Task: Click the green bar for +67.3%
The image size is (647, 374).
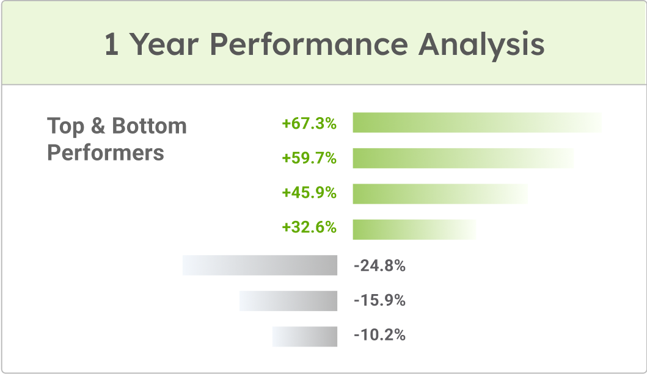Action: tap(477, 123)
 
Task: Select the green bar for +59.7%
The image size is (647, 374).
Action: tap(463, 158)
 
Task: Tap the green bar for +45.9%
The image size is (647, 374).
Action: tap(440, 193)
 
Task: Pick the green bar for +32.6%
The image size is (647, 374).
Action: tap(415, 229)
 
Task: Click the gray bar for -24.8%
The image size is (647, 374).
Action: tap(260, 265)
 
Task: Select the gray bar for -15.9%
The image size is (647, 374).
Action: tap(288, 301)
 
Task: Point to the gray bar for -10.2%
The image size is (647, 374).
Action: tap(305, 337)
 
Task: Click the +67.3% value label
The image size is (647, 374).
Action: tap(309, 124)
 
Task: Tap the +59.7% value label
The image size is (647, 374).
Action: tap(309, 158)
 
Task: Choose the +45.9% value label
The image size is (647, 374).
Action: tap(309, 193)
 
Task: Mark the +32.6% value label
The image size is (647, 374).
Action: tap(309, 228)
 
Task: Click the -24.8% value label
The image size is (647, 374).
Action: tap(379, 266)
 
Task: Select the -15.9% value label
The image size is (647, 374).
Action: tap(379, 301)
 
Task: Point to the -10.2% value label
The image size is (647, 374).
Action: tap(379, 336)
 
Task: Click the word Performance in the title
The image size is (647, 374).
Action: tap(309, 44)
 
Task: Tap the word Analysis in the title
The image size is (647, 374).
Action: tap(481, 45)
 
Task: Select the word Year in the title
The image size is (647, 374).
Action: tap(164, 44)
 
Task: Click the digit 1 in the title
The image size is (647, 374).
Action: tap(111, 44)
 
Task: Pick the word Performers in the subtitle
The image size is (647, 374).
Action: tap(106, 153)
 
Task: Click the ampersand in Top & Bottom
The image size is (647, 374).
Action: tap(98, 126)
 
